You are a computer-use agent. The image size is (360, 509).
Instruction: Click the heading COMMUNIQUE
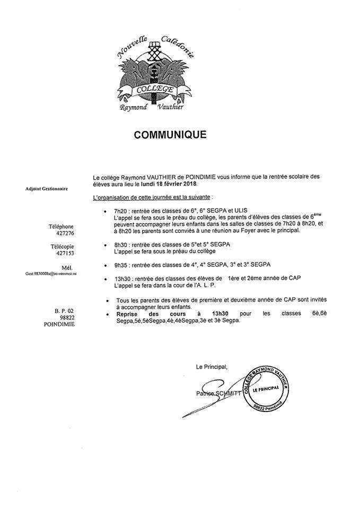click(170, 135)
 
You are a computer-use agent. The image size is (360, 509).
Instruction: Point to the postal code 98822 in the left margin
click(66, 317)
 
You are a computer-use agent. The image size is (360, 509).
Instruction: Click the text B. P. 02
click(64, 310)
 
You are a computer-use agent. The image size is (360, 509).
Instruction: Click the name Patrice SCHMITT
click(217, 393)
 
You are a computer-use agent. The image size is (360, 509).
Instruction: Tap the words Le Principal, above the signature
click(211, 366)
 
